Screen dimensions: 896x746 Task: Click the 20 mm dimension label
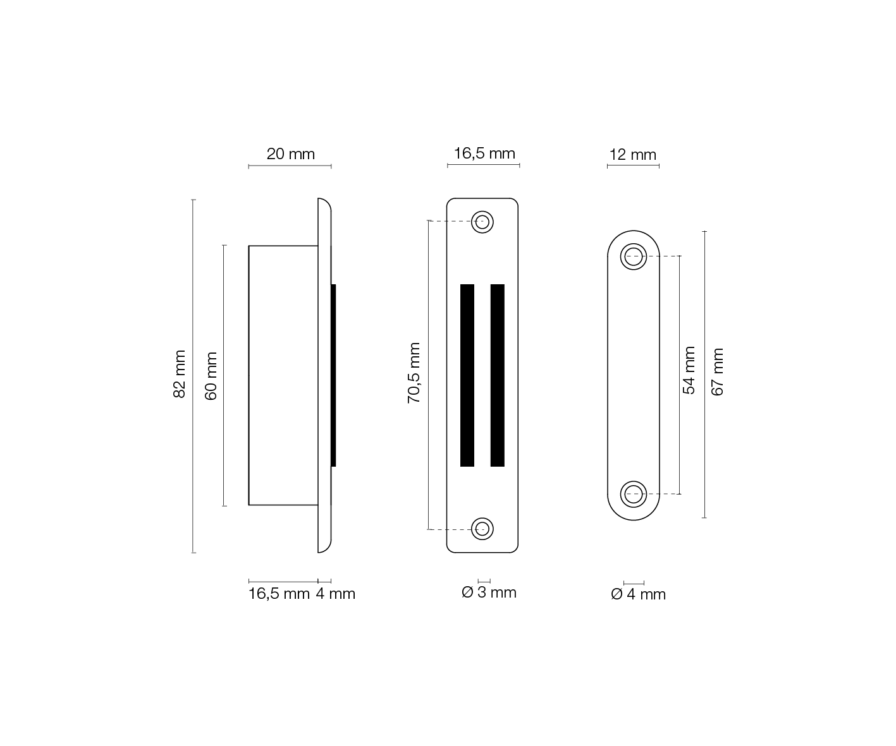[290, 154]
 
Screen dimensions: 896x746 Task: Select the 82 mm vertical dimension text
[180, 374]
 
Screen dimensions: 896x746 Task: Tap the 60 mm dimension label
[211, 376]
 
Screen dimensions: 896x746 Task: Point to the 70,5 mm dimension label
[414, 373]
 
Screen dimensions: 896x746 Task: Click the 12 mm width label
[632, 154]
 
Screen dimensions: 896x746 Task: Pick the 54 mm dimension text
[689, 370]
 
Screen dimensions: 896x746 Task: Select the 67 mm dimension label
[718, 371]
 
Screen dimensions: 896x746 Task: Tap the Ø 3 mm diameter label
[489, 592]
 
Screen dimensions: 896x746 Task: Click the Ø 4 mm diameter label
[638, 594]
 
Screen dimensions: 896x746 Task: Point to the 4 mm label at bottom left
[336, 594]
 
